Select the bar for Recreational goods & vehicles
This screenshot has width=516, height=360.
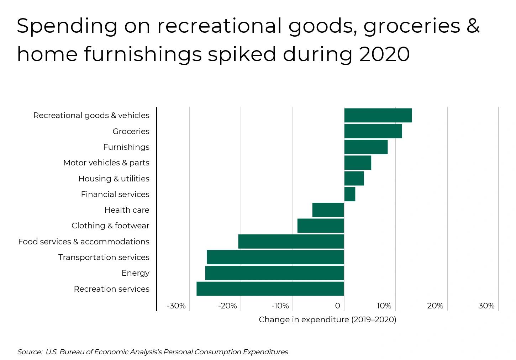(378, 115)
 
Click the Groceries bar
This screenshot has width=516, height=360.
(373, 131)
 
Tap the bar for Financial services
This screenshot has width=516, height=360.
(349, 194)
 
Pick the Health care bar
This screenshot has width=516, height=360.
(328, 210)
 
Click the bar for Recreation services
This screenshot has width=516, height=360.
(270, 289)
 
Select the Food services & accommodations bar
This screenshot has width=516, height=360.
(291, 242)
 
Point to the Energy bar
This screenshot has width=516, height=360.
(274, 273)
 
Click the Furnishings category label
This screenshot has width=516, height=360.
(126, 147)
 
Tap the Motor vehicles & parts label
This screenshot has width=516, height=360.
(106, 163)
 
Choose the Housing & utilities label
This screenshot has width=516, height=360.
(114, 179)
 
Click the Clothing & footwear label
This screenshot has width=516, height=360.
(110, 226)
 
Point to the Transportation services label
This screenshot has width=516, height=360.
(104, 257)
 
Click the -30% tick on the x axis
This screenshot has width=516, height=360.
(177, 306)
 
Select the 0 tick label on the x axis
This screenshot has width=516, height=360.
(337, 306)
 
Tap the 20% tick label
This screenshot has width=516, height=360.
(435, 306)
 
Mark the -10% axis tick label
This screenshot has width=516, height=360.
(280, 306)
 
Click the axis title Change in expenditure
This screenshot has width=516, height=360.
(327, 319)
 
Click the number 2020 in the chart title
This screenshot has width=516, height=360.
(384, 54)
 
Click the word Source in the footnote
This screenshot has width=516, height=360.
(30, 352)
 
